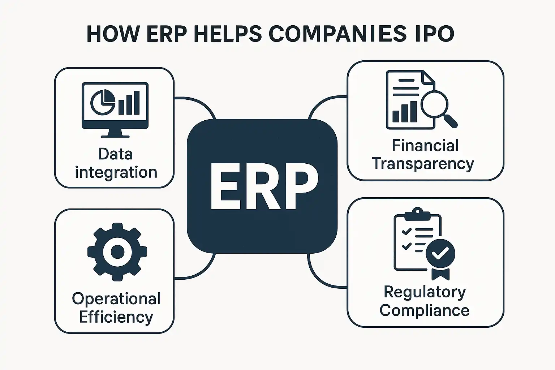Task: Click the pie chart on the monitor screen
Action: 102,102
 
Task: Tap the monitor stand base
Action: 115,136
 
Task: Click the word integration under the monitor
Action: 116,172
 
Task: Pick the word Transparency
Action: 423,164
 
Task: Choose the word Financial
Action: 425,146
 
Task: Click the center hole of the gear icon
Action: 117,251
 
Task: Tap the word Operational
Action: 116,299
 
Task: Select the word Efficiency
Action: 116,317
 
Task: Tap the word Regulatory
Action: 425,292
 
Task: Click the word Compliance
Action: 424,310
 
